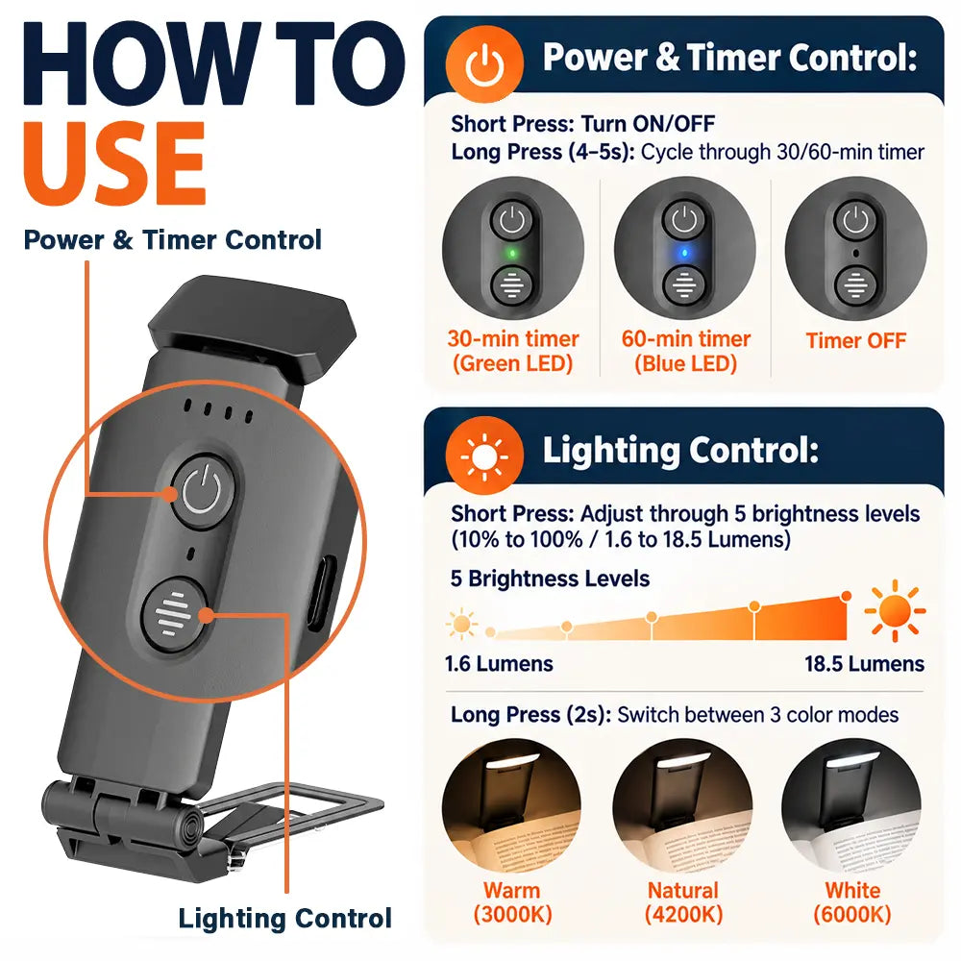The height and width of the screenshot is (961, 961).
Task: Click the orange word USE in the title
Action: click(x=114, y=163)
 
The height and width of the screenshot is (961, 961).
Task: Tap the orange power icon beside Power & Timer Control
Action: click(x=484, y=63)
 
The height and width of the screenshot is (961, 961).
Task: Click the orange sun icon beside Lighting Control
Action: click(x=484, y=456)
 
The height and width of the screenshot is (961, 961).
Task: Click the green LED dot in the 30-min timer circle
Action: click(x=512, y=253)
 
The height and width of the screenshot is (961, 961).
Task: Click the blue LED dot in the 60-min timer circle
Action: click(x=684, y=253)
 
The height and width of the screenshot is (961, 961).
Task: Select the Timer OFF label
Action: click(x=855, y=340)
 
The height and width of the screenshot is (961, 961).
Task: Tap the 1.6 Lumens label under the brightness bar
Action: click(x=499, y=664)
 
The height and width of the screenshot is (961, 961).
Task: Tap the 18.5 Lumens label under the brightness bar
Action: click(x=864, y=664)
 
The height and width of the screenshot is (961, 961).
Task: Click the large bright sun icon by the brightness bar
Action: click(x=895, y=610)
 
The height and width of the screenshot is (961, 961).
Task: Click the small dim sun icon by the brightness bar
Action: click(x=462, y=625)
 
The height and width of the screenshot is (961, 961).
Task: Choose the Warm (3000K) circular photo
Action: click(x=512, y=807)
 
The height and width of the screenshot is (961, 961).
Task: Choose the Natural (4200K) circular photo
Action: click(x=682, y=807)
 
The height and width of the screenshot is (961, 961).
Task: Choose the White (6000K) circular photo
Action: click(x=851, y=807)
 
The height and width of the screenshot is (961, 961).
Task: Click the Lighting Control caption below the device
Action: click(x=285, y=918)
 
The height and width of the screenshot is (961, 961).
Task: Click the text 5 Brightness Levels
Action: click(x=550, y=579)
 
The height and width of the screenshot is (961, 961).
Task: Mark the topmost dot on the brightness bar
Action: click(x=847, y=596)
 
